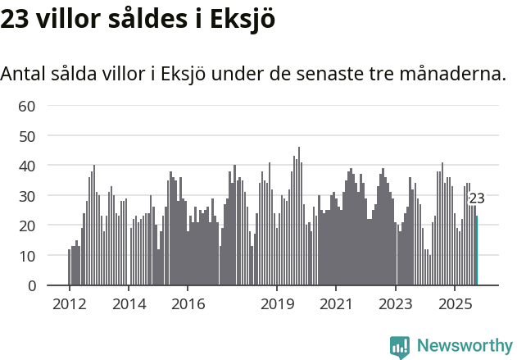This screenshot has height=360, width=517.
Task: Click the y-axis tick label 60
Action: (27, 105)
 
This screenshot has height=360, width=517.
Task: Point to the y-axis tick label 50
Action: (27, 135)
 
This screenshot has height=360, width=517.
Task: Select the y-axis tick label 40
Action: (27, 166)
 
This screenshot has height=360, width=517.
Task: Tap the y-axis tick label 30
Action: (27, 196)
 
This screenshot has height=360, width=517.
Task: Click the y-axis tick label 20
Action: (27, 226)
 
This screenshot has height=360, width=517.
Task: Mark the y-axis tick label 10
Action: (27, 256)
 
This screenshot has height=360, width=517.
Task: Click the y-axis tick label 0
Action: (32, 286)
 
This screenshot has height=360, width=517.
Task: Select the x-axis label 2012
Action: (69, 304)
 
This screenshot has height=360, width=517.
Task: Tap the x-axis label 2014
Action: (129, 304)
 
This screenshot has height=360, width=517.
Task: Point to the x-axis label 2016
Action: (188, 304)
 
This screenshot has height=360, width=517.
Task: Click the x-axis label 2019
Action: (277, 304)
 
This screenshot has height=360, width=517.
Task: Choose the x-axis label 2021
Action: (336, 304)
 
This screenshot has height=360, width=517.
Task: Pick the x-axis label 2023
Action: (396, 304)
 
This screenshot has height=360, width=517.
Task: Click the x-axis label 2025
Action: (455, 304)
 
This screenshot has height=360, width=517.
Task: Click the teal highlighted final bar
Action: (477, 251)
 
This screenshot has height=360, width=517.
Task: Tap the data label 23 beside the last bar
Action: (477, 198)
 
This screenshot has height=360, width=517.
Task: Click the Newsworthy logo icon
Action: (400, 347)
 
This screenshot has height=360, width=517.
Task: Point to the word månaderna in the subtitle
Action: (455, 74)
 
